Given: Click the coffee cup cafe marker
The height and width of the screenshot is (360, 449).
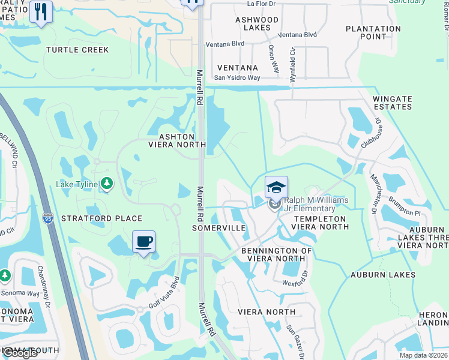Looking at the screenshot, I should [x=143, y=242].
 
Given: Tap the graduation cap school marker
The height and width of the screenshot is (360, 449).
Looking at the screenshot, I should [x=276, y=187].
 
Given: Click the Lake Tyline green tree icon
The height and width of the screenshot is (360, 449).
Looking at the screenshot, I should [x=106, y=182].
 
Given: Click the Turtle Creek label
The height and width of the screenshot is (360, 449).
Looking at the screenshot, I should [x=77, y=50].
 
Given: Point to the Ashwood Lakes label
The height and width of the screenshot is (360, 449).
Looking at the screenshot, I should [x=257, y=24].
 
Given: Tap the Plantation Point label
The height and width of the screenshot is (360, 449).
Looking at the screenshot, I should [x=373, y=32].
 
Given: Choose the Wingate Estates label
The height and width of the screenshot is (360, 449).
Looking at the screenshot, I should [x=393, y=103].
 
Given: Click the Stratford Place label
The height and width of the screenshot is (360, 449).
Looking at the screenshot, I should [x=101, y=218].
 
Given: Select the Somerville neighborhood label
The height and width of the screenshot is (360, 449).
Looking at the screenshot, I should [x=219, y=229].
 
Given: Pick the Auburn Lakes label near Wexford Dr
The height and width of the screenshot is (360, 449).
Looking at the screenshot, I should [x=383, y=275].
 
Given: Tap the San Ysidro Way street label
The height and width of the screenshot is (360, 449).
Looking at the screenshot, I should [x=237, y=78].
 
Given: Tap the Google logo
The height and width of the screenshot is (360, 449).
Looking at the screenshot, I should [x=20, y=353].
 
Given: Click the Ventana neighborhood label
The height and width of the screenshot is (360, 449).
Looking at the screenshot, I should [x=238, y=68].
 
